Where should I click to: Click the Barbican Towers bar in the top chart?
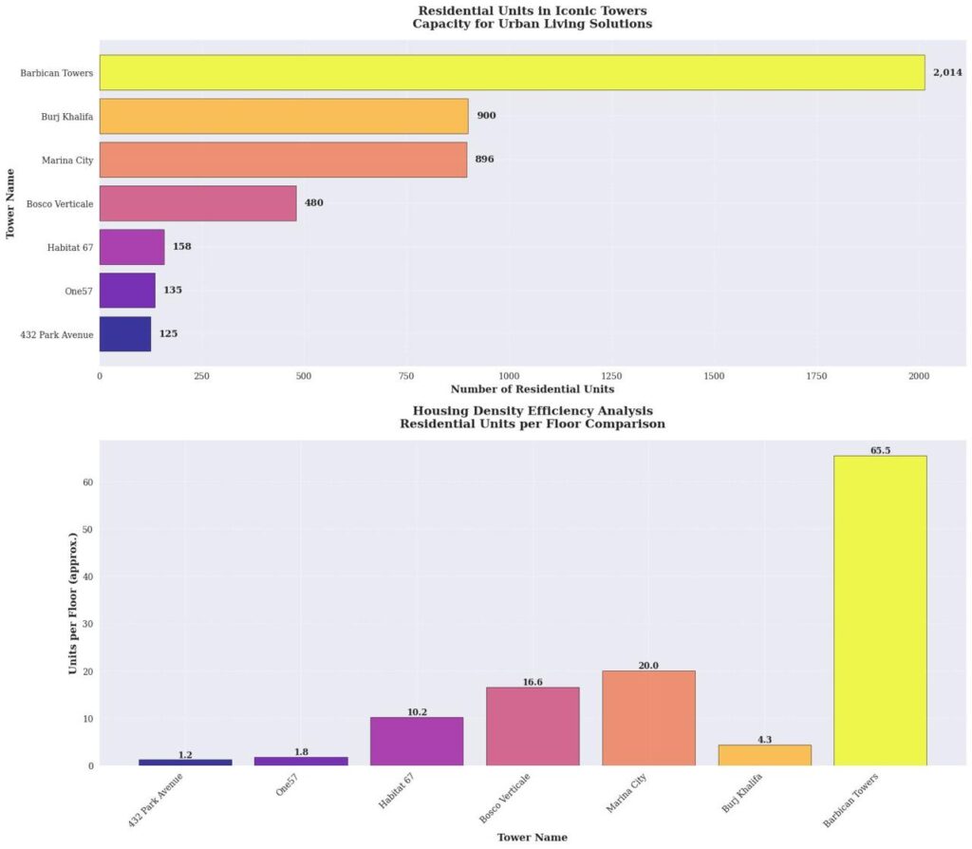coord(512,72)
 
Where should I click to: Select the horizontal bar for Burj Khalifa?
coord(284,116)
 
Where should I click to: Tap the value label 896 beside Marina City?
coord(484,160)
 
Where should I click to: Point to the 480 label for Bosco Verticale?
coord(313,203)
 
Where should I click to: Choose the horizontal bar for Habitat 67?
coord(132,247)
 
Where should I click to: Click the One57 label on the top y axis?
coord(80,291)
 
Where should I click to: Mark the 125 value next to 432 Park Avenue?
coord(168,334)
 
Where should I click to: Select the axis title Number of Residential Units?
coord(532,389)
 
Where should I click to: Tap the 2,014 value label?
coord(947,72)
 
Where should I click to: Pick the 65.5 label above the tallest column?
coord(880,450)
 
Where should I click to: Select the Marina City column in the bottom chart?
coord(648,718)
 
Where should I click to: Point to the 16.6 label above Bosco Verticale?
coord(533,682)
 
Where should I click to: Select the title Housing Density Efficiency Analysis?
coord(533,410)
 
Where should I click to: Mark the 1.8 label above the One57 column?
coord(301,752)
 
